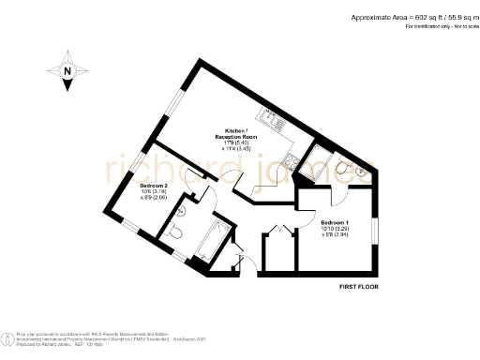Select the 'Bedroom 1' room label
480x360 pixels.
pyautogui.click(x=309, y=222)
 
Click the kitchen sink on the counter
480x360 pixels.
pyautogui.click(x=276, y=121)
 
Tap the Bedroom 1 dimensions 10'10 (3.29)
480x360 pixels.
pyautogui.click(x=309, y=229)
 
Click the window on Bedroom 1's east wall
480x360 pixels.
pyautogui.click(x=374, y=230)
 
